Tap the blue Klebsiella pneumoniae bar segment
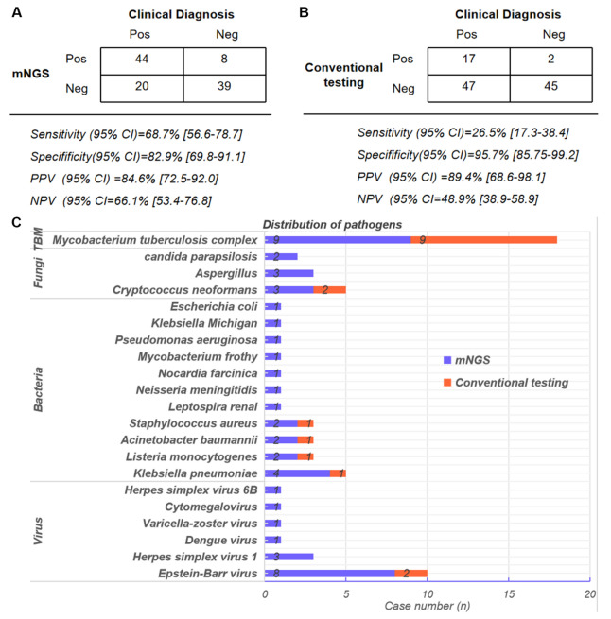296,473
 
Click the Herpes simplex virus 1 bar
288,556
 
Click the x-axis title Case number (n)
427,608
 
